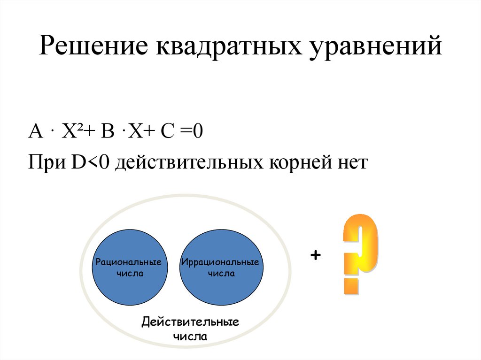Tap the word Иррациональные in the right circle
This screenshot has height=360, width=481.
(220, 262)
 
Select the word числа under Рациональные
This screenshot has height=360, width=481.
(130, 273)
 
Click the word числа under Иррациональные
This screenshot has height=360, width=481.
(221, 273)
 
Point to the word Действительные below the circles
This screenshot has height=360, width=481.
(190, 322)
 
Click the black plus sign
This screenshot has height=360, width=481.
(315, 255)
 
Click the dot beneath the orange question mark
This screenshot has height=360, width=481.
(351, 286)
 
